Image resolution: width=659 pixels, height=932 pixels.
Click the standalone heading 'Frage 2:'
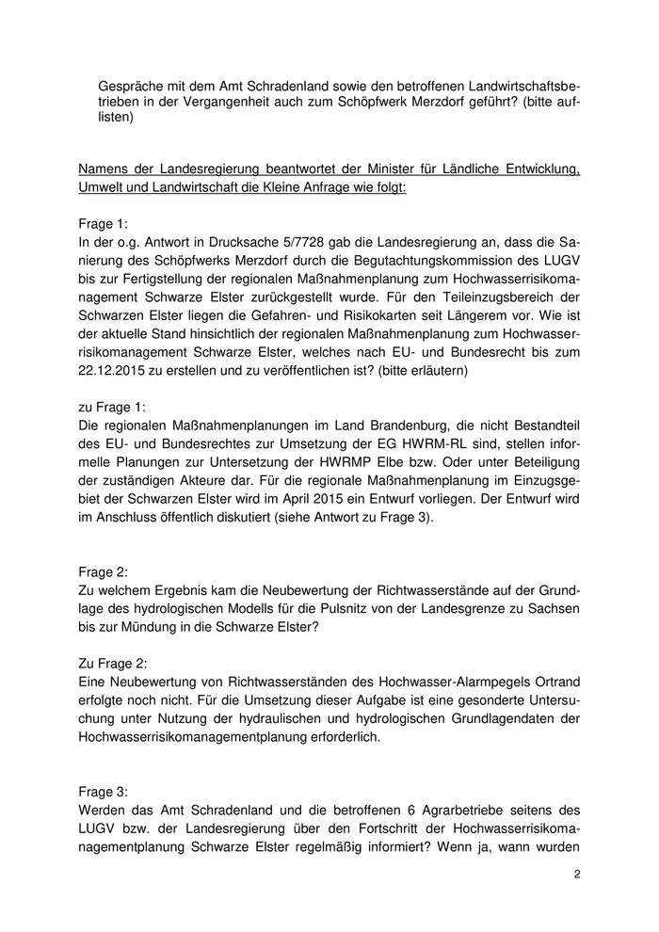[106, 571]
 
